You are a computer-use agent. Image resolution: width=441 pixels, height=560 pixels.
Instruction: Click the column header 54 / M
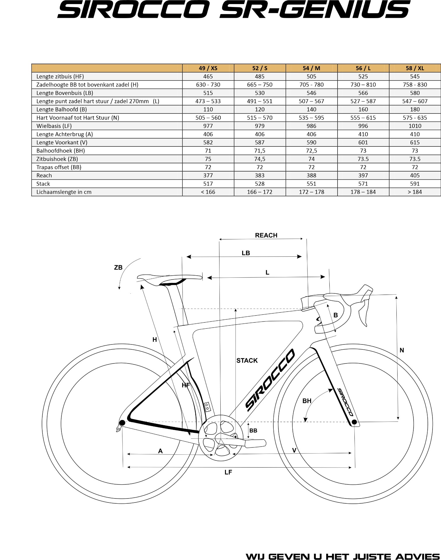tap(311, 68)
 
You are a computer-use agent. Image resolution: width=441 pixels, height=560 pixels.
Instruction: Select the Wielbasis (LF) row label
tap(54, 126)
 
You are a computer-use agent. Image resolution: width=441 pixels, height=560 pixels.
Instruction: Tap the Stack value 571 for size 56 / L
tap(363, 184)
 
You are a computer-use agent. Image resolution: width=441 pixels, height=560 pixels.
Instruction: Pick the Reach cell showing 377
tap(208, 175)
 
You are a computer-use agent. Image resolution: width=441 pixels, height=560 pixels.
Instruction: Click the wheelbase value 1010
tap(414, 126)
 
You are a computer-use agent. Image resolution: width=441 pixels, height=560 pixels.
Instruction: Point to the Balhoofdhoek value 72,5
tap(311, 151)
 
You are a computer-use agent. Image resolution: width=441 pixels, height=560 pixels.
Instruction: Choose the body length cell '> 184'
tap(414, 192)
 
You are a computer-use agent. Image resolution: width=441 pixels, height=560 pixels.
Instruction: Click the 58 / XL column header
tap(414, 68)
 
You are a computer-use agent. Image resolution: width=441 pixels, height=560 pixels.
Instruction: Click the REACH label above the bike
tap(266, 235)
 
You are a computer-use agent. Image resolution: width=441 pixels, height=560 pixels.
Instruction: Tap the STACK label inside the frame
tap(247, 360)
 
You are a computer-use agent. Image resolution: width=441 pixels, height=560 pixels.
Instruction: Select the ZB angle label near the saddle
tap(118, 267)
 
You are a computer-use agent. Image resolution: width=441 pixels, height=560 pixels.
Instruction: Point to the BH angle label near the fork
tap(307, 401)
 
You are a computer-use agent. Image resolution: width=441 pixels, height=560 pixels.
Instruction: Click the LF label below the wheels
tap(228, 472)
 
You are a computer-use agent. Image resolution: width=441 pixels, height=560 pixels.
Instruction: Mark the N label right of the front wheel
tap(402, 350)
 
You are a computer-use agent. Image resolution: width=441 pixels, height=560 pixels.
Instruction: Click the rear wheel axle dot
tap(122, 423)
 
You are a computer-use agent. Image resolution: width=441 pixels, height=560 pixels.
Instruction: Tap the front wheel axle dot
tap(354, 422)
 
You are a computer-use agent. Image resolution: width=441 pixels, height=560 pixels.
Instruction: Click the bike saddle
tap(169, 277)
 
